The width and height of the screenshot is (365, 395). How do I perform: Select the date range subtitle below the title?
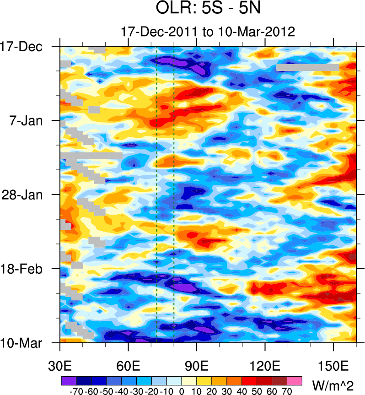pos(208,32)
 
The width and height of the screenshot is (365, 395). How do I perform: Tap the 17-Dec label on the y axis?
pos(21,47)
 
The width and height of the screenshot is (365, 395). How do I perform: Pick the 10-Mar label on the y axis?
pos(21,343)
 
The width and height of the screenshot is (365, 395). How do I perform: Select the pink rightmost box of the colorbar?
pos(295,380)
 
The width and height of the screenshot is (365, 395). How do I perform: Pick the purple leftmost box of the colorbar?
pos(68,380)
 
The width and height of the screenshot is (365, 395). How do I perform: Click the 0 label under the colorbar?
pos(181,391)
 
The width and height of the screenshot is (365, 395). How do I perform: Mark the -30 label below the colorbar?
pos(136,391)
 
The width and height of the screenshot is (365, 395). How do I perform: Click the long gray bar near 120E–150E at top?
pos(307,67)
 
